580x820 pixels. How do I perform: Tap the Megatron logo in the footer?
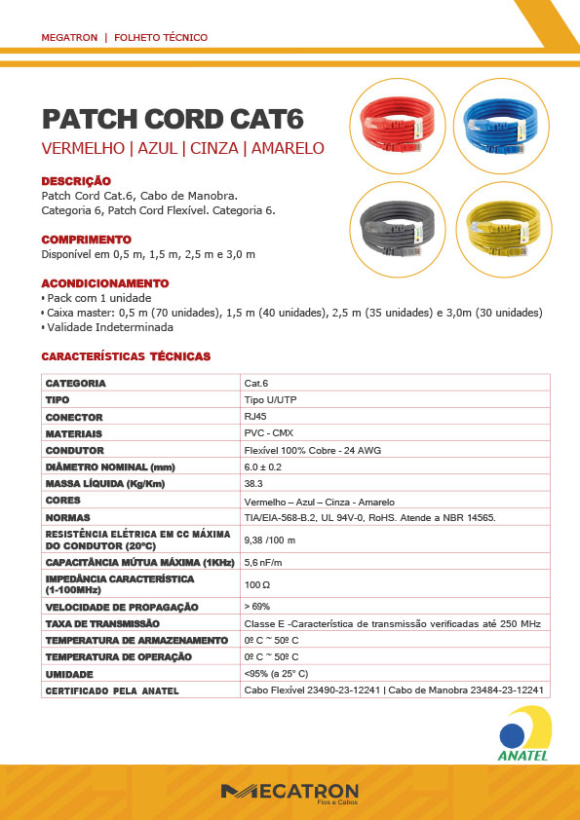(290, 792)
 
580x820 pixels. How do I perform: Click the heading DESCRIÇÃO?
(76, 181)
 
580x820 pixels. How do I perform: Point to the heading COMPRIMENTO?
(86, 240)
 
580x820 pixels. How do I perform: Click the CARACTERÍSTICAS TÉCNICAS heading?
(126, 356)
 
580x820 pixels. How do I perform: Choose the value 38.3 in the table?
(253, 483)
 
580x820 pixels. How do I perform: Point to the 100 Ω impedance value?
(257, 584)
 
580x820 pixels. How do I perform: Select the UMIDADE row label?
(69, 674)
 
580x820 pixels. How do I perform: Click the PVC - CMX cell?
(269, 432)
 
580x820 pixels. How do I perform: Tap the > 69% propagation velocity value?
(257, 606)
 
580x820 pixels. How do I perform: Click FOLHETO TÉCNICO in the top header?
(161, 37)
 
